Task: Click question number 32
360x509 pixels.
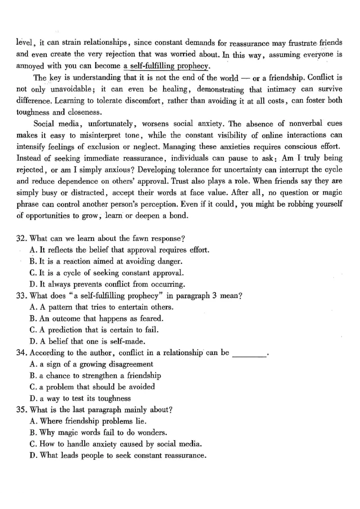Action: tap(20, 238)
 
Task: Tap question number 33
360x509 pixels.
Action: tap(20, 296)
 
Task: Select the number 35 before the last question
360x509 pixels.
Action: tap(20, 410)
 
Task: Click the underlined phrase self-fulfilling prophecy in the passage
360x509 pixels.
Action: tap(166, 67)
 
